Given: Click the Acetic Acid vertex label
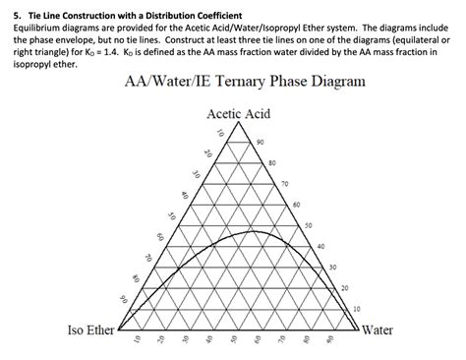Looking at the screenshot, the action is (x=239, y=115).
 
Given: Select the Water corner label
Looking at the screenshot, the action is (x=379, y=330).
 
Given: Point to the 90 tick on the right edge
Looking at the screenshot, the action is (x=260, y=144).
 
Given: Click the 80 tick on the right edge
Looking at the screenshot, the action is (x=271, y=163).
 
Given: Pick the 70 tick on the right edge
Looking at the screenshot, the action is (x=284, y=184).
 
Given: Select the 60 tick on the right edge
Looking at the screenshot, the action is (x=296, y=205).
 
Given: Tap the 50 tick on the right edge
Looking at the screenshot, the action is (x=309, y=225).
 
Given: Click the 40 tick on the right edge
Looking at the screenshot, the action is (x=320, y=246).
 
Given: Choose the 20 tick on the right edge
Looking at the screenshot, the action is (x=344, y=287).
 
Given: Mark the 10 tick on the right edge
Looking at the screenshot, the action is (x=356, y=308).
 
